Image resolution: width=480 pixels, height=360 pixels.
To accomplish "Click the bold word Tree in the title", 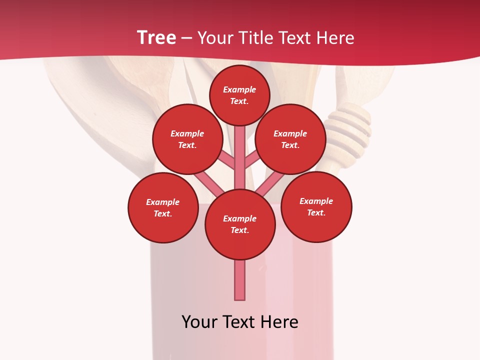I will [156, 38].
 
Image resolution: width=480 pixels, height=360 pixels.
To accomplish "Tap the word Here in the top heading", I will [335, 38].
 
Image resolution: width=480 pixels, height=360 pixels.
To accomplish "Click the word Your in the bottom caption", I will [199, 322].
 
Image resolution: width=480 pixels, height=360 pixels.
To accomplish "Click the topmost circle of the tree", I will [239, 95].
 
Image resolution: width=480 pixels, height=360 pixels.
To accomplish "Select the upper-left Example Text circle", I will [187, 139].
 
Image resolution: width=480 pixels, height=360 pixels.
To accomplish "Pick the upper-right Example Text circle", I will [290, 139].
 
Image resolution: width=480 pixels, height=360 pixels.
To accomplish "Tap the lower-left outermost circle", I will [163, 207].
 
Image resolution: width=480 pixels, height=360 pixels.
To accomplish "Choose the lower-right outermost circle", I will [316, 206].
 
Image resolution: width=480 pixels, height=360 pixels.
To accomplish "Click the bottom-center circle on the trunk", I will [240, 224].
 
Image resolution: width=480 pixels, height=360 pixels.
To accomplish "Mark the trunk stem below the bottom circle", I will [240, 280].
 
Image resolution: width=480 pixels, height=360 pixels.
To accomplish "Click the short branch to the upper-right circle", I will [252, 160].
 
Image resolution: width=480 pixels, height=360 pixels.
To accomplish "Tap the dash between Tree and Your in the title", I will [186, 38].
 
